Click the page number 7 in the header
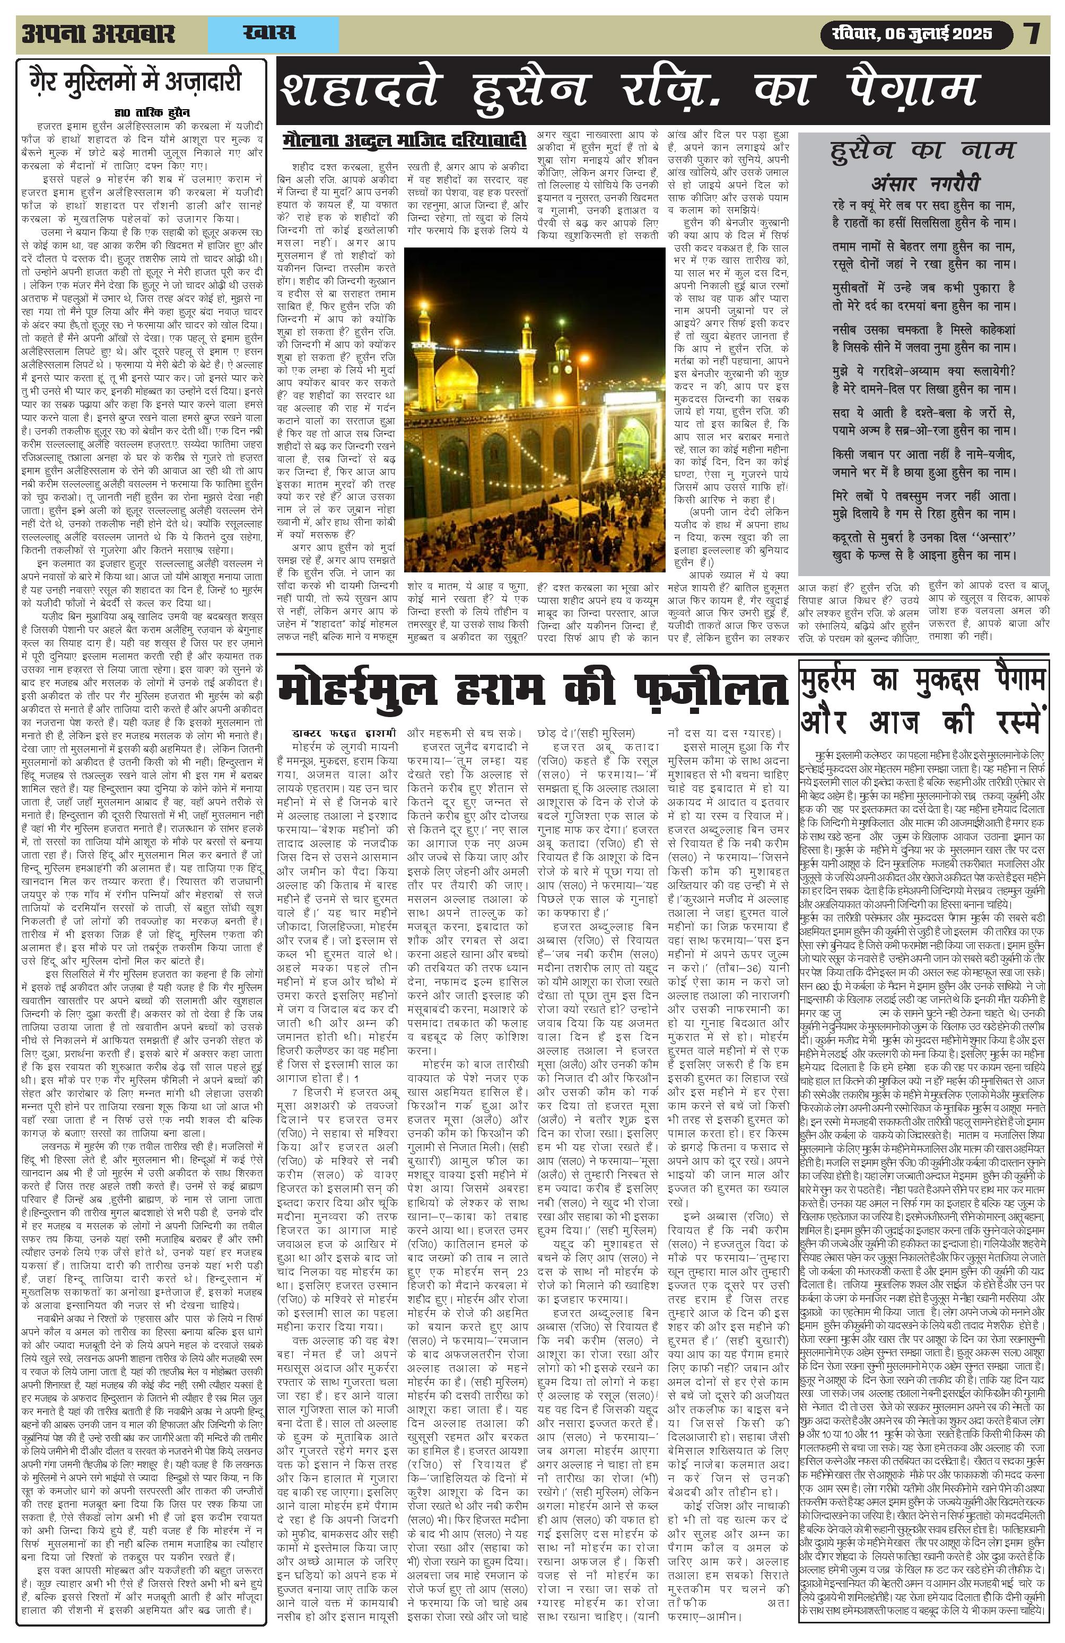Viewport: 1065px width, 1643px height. (1033, 34)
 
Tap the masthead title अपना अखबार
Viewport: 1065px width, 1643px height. (99, 34)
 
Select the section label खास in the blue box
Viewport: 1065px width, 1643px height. (269, 33)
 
